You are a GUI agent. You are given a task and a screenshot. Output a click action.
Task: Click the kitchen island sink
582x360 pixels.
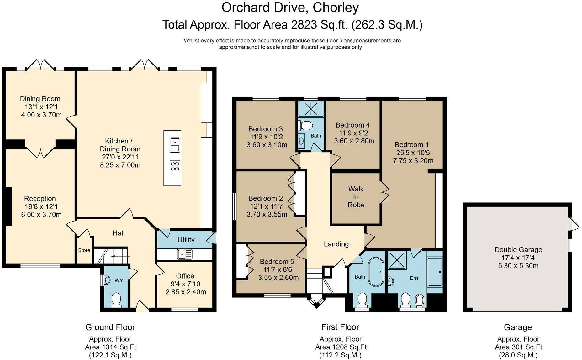tap(175, 145)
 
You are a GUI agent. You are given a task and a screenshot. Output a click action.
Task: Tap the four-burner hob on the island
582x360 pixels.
tap(175, 166)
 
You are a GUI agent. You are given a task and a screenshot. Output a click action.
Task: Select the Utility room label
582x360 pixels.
tap(186, 240)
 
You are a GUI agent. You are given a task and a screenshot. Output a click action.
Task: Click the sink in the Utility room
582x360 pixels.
tap(185, 254)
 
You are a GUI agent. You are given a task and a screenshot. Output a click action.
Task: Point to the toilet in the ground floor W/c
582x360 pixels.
tap(116, 299)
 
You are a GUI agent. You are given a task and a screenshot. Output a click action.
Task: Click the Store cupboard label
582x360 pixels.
tap(84, 250)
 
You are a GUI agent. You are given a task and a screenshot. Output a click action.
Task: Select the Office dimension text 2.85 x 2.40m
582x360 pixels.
tap(186, 292)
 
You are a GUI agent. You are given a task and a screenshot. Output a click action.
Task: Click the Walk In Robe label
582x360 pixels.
tap(356, 197)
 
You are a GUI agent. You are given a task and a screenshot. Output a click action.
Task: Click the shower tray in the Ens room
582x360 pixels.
tap(397, 260)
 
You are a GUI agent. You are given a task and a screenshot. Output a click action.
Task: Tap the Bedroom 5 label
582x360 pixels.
tap(277, 262)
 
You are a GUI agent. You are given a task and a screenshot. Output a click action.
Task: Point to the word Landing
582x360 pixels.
tap(336, 244)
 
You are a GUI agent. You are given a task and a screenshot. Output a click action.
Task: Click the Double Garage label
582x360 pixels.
tap(518, 250)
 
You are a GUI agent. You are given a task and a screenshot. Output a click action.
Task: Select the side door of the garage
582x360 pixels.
tap(574, 224)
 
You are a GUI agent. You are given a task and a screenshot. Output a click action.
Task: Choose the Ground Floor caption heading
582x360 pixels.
tap(110, 327)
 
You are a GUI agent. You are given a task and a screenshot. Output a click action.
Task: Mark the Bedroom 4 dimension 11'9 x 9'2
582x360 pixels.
tap(353, 133)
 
